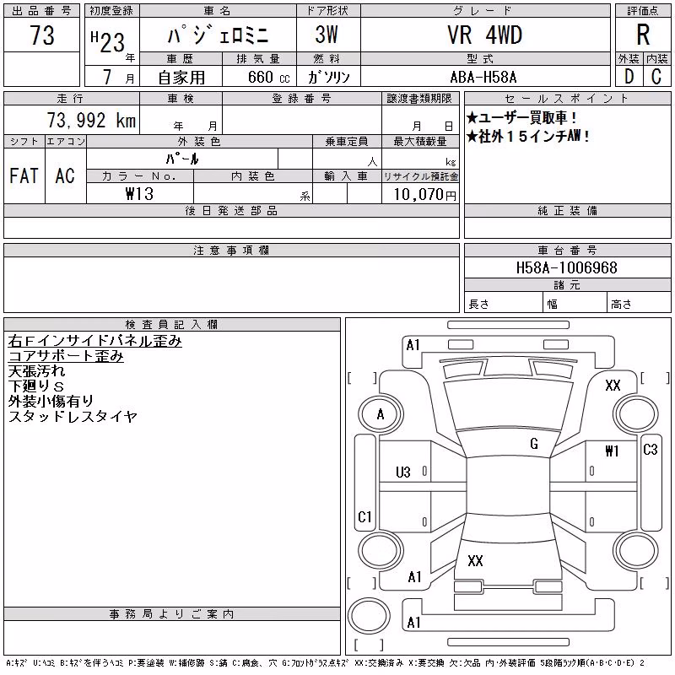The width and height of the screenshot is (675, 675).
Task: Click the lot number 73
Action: point(42,35)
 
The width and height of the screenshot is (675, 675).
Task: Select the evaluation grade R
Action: point(643,35)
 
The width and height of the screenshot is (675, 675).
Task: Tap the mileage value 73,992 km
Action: point(91,120)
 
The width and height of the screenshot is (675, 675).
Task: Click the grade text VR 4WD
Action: point(484,35)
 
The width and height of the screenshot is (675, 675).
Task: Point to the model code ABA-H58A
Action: point(483,77)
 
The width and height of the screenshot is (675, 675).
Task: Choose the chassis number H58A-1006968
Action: point(566,267)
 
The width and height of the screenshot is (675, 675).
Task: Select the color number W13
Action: point(139,194)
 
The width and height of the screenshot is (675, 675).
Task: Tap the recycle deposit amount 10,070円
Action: point(425,195)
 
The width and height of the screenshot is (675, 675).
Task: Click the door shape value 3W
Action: point(327,35)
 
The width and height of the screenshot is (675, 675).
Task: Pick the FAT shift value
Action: point(24,175)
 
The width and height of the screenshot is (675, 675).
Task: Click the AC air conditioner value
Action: point(65,175)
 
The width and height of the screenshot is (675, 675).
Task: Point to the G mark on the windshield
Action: point(534,444)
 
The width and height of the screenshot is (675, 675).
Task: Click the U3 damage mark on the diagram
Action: point(403,472)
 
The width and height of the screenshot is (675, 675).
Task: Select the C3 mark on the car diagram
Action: point(650,450)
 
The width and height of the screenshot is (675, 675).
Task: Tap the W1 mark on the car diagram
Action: point(612,451)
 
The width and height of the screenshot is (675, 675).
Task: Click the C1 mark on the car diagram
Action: point(364,516)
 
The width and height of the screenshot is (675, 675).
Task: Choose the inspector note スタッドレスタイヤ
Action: point(73,416)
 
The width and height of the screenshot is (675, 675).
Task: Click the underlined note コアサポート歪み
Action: point(66,356)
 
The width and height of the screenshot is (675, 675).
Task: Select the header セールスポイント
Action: point(566,99)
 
